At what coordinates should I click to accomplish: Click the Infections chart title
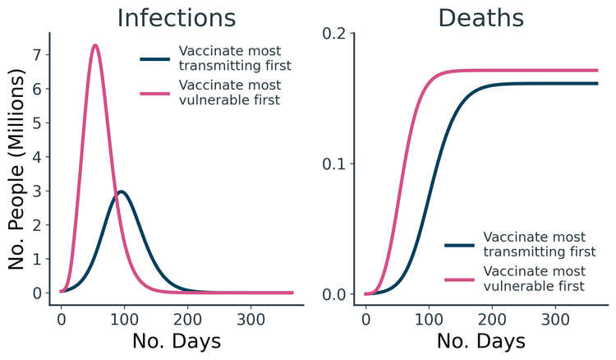click(176, 18)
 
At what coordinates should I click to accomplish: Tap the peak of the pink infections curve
click(95, 45)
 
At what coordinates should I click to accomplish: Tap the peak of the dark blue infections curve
click(121, 192)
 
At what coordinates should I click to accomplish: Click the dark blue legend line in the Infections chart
click(155, 59)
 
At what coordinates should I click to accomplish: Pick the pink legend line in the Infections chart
click(155, 93)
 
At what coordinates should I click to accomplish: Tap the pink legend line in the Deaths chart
click(460, 279)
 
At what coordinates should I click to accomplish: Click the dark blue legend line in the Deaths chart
click(460, 245)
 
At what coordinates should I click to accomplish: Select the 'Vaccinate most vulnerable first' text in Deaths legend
click(535, 279)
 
